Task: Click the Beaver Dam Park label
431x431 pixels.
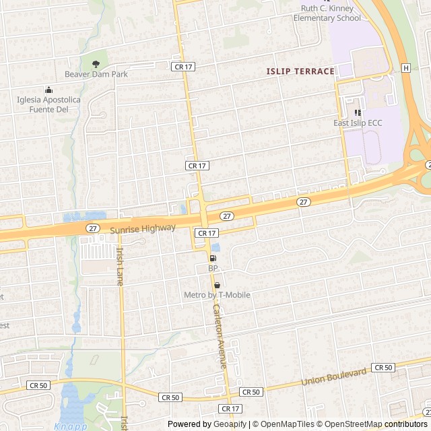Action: pos(96,75)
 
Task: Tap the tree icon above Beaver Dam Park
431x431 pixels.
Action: pos(96,64)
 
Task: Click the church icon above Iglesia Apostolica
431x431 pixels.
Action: pos(48,90)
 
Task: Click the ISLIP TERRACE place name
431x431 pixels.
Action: pos(300,71)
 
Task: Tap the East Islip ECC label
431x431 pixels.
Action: pos(357,124)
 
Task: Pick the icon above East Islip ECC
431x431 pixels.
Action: pos(357,112)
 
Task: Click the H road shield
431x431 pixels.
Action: pos(406,68)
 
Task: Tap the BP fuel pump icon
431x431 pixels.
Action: pos(213,258)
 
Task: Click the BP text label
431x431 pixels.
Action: pos(213,268)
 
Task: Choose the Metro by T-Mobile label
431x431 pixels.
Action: pos(217,295)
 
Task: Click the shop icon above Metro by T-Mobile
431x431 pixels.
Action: pos(217,285)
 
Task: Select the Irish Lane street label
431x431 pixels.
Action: pos(120,267)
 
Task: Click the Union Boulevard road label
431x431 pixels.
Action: pos(335,376)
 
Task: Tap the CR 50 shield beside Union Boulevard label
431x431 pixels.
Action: pos(383,367)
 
